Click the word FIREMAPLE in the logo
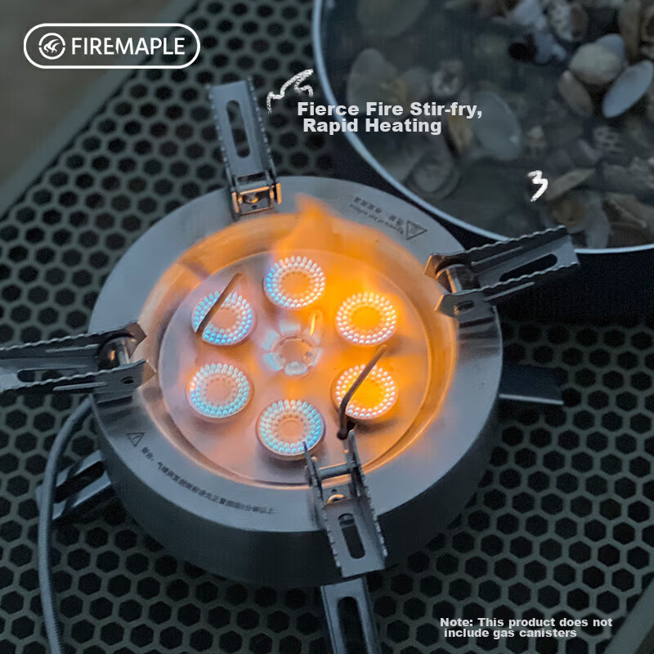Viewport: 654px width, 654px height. pyautogui.click(x=128, y=46)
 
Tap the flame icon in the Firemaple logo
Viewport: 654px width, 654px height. pyautogui.click(x=52, y=46)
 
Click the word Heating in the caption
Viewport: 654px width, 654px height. pyautogui.click(x=405, y=126)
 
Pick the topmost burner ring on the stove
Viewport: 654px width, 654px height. pyautogui.click(x=294, y=282)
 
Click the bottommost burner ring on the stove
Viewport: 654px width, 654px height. pyautogui.click(x=289, y=427)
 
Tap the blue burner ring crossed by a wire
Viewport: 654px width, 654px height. pyautogui.click(x=222, y=316)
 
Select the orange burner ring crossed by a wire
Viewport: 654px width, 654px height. pyautogui.click(x=365, y=390)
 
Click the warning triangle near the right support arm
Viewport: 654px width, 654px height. pyautogui.click(x=415, y=230)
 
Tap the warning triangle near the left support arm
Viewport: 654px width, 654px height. pyautogui.click(x=136, y=438)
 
